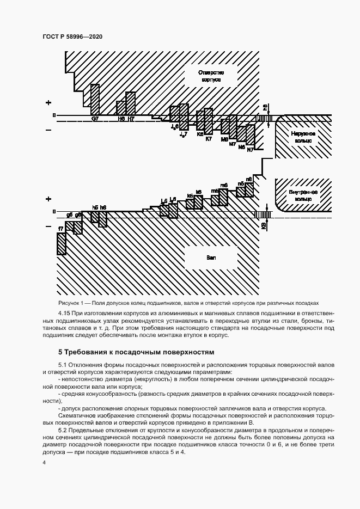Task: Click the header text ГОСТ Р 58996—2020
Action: (x=72, y=36)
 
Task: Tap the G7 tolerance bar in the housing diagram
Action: (x=95, y=99)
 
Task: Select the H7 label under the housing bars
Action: (x=131, y=119)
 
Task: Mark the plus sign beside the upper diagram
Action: (x=48, y=102)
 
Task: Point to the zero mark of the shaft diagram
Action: (x=54, y=211)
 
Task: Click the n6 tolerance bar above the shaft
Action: (x=249, y=188)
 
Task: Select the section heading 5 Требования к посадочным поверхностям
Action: (x=136, y=352)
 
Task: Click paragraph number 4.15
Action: (x=65, y=314)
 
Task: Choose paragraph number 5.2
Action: (x=64, y=430)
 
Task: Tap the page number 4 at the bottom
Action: (x=44, y=462)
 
